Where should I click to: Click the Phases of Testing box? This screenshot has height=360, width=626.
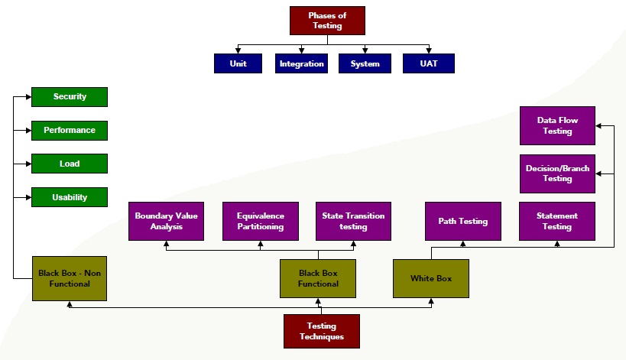point(327,21)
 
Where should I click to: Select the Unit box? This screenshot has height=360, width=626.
point(238,63)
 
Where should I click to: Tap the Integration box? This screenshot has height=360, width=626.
point(301,63)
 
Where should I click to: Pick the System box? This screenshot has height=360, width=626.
point(365,63)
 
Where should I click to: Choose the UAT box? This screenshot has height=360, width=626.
point(429,63)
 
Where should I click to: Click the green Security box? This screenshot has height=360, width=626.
point(70,97)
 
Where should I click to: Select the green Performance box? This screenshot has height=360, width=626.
point(70,131)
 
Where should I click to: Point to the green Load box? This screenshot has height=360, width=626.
point(70,164)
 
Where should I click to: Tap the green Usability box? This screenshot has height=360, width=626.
point(70,197)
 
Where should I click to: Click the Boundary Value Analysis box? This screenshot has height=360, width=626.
point(166,221)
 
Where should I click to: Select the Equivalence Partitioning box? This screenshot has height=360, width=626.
point(260,221)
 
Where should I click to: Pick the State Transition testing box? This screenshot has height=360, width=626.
point(353,221)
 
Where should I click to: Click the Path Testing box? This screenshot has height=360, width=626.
point(462,221)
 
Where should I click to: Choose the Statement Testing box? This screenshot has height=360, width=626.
point(556,221)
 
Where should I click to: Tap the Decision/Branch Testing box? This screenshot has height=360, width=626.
point(557,174)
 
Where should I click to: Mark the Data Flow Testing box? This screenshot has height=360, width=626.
point(557,125)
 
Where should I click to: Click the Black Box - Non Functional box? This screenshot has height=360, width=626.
point(69,278)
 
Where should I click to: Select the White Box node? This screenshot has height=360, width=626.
point(431,278)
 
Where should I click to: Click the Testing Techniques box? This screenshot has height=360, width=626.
point(322,331)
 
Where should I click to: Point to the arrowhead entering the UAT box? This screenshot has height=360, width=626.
point(429,50)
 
